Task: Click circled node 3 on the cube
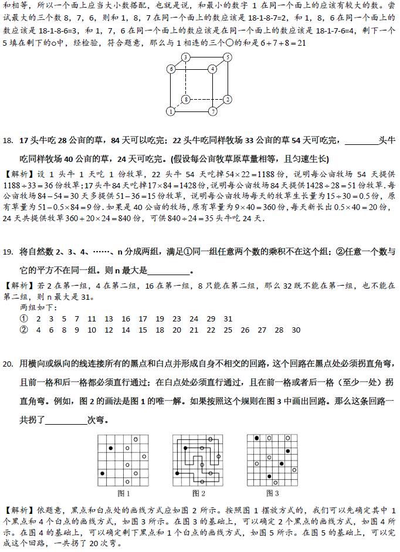[186, 57]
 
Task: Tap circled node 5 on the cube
[228, 57]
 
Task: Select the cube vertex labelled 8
[186, 99]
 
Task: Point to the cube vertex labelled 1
[171, 110]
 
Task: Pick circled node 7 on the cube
[212, 110]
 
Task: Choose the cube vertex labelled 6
[171, 69]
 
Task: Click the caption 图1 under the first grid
[124, 493]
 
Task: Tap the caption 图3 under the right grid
[273, 493]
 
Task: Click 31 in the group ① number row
[228, 319]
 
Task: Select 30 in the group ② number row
[296, 330]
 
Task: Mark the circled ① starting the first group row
[24, 319]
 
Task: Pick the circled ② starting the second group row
[24, 330]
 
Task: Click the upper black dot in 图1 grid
[111, 448]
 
